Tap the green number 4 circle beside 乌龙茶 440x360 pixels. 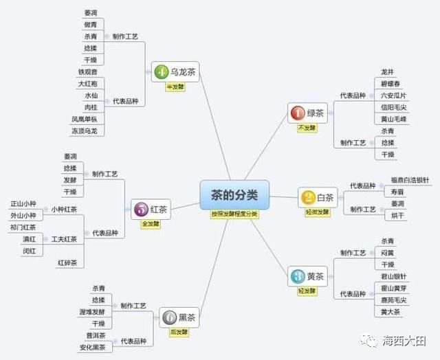point(161,71)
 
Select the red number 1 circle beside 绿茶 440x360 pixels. point(297,113)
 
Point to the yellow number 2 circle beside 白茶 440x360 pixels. point(308,198)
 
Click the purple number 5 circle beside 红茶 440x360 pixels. point(141,209)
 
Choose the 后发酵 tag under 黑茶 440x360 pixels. point(179,331)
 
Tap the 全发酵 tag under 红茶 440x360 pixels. point(151,224)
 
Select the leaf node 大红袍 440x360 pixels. point(87,83)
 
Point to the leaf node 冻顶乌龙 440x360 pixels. point(83,131)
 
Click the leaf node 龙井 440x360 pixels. point(387,71)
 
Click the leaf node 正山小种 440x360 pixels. point(24,204)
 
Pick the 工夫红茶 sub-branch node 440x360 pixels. point(64,239)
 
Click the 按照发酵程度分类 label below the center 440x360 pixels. point(234,214)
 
